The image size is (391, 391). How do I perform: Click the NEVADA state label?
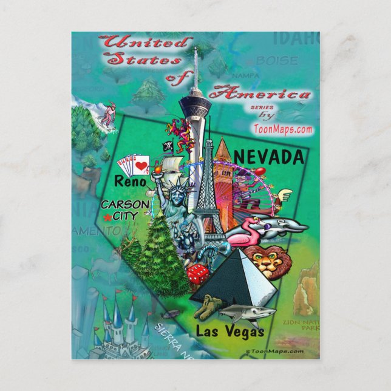pyautogui.click(x=268, y=157)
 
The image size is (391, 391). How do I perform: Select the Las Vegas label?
pyautogui.click(x=230, y=331)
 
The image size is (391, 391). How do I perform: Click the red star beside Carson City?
pyautogui.click(x=107, y=217)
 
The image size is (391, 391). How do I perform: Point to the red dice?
pyautogui.click(x=198, y=275)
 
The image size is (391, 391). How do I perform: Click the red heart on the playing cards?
pyautogui.click(x=141, y=165)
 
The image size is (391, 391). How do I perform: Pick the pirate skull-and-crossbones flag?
pyautogui.click(x=166, y=146)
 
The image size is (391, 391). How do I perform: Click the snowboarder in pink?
pyautogui.click(x=107, y=115)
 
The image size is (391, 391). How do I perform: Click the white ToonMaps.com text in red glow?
pyautogui.click(x=283, y=129)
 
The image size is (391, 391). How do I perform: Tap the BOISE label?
pyautogui.click(x=276, y=61)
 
